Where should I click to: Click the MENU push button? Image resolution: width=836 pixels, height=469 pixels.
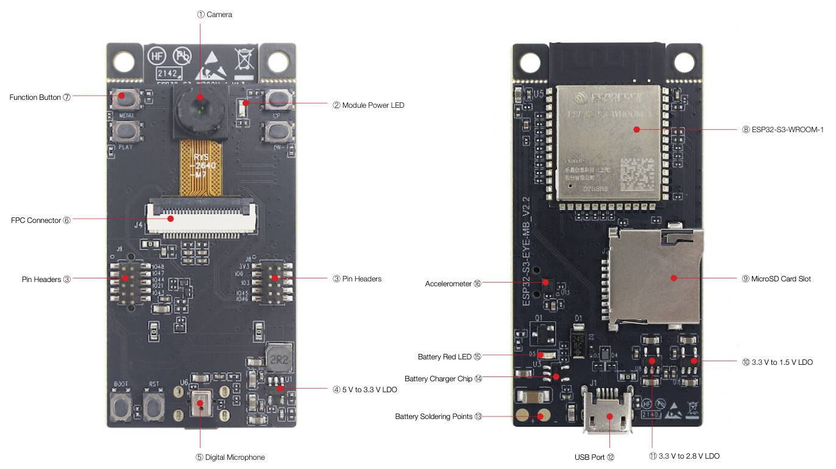click(126, 99)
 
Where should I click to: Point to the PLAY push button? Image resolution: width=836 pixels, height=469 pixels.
click(126, 130)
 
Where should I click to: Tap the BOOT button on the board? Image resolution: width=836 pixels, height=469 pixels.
click(121, 405)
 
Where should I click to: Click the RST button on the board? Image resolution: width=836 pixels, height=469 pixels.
click(154, 405)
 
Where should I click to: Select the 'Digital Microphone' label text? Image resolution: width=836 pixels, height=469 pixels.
click(235, 457)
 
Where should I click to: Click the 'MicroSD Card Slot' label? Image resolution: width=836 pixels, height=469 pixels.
click(781, 279)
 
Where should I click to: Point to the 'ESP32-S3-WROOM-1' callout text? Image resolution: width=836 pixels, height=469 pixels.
click(787, 129)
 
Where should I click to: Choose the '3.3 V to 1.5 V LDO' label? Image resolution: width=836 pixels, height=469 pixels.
click(782, 362)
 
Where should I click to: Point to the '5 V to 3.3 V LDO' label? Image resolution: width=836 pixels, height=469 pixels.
click(369, 389)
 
